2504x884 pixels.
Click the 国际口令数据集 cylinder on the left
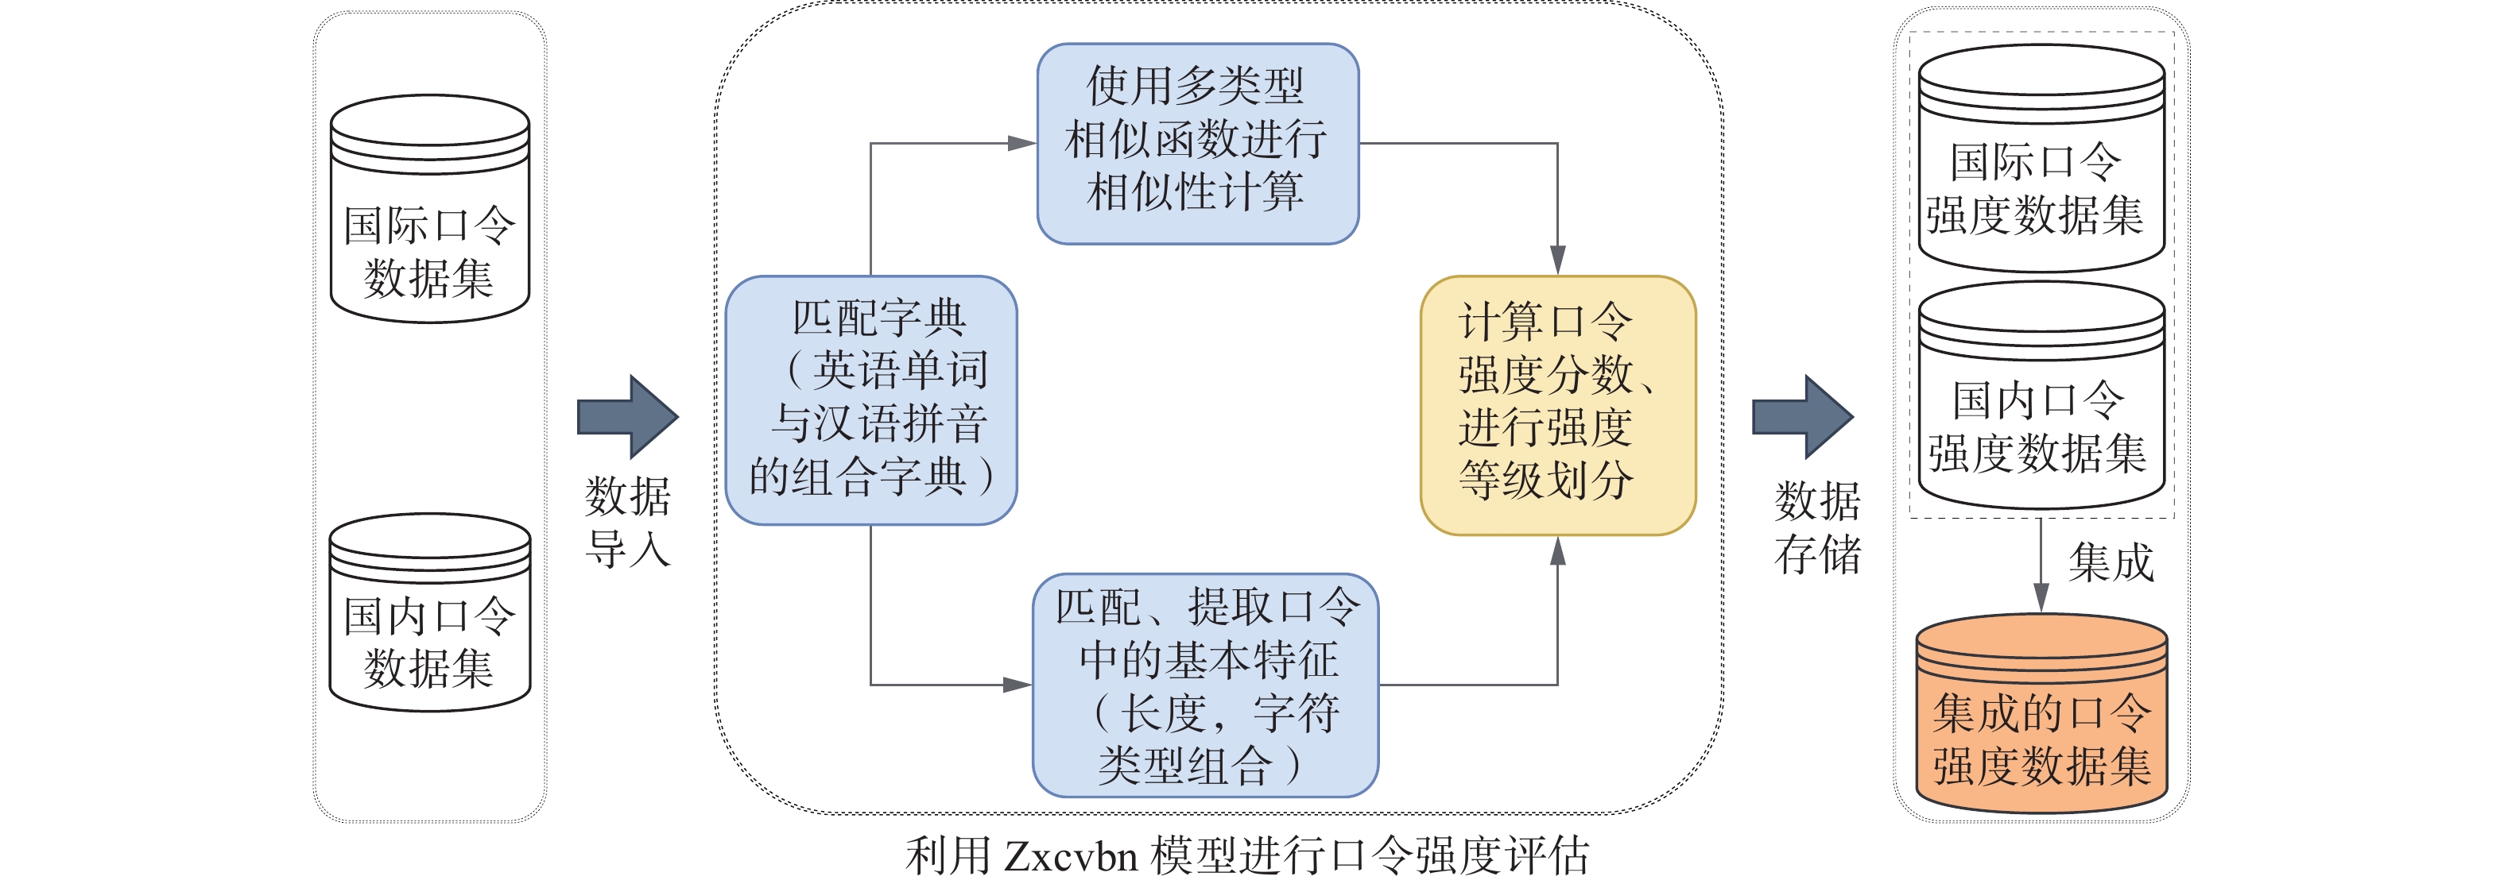click(x=429, y=209)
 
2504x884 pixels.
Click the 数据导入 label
click(x=628, y=522)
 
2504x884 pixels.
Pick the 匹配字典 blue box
click(x=871, y=400)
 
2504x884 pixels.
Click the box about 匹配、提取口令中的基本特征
click(x=1204, y=685)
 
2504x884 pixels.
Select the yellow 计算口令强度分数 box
click(x=1557, y=405)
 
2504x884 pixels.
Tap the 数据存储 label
click(x=1818, y=527)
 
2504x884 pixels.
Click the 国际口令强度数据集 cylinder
click(x=2041, y=158)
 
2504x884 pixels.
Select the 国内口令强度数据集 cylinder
click(x=2041, y=396)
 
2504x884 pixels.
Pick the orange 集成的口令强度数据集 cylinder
click(x=2041, y=714)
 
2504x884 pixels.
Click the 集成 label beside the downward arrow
click(x=2111, y=562)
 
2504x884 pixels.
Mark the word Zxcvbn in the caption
click(x=1069, y=857)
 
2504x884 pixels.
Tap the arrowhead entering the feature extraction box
click(x=1017, y=685)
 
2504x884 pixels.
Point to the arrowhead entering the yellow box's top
click(x=1557, y=261)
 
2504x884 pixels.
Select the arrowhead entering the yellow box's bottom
click(x=1557, y=550)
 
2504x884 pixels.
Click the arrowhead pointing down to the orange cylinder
click(x=2041, y=596)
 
